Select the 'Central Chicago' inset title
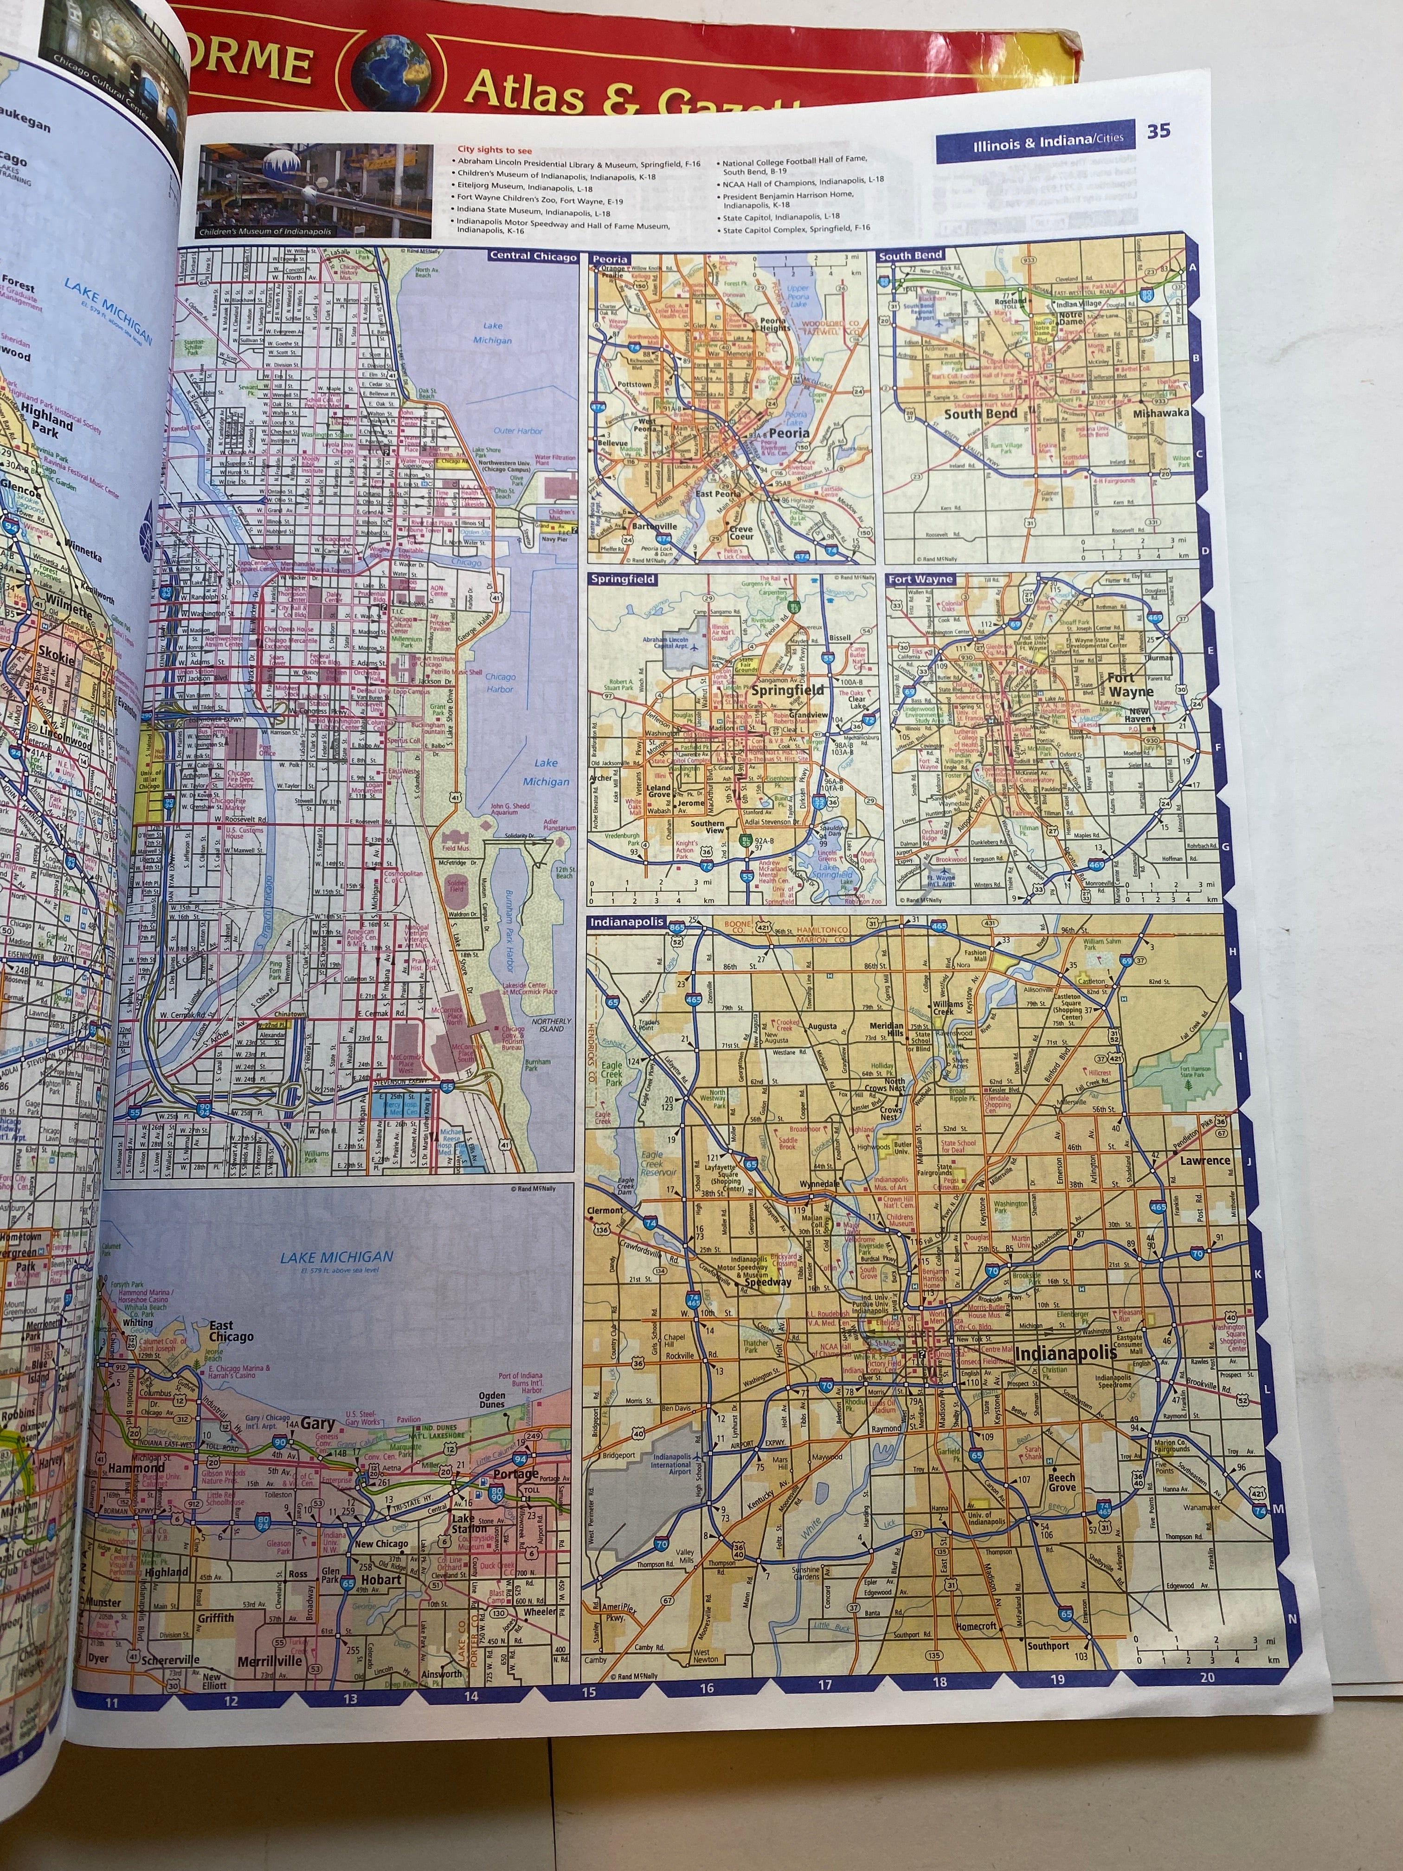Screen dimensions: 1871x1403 (533, 255)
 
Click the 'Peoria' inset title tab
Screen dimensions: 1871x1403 (610, 259)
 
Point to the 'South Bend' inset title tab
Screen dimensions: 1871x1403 (911, 255)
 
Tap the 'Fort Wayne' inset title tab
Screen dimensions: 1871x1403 (920, 580)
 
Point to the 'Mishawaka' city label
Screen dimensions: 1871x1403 (1160, 413)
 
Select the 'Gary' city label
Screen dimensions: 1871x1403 (318, 1425)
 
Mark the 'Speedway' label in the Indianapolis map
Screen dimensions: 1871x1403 (767, 1282)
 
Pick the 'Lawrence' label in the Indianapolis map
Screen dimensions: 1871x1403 (1205, 1161)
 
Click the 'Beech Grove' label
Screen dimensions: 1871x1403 (1062, 1482)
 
